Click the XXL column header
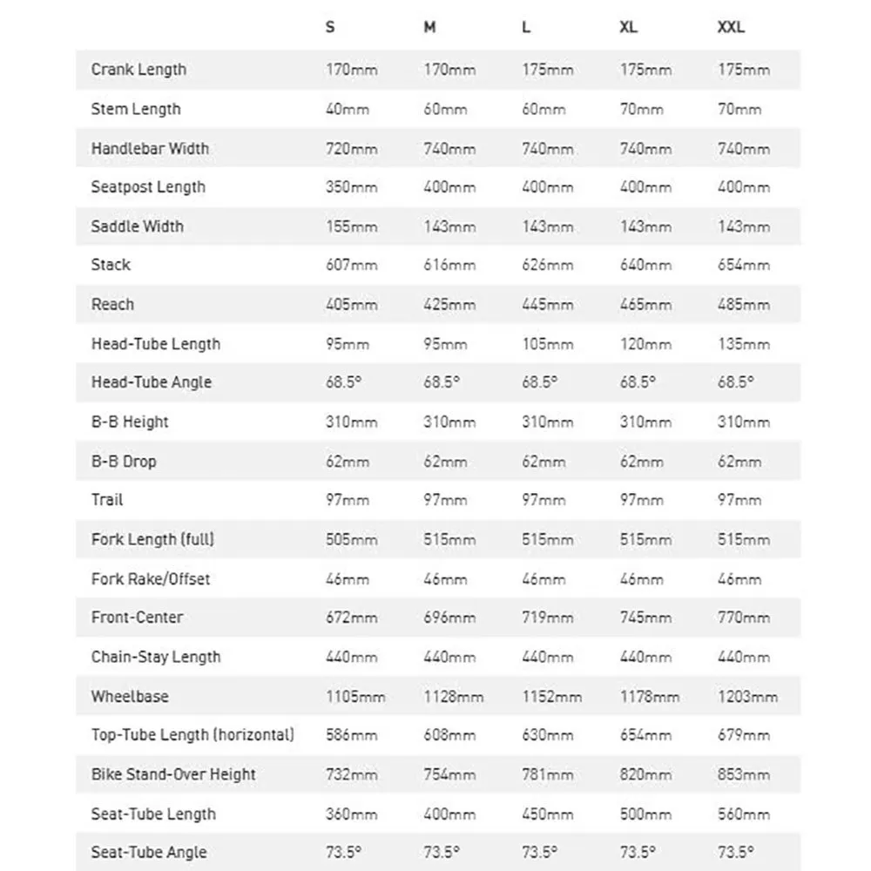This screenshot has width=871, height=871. (x=731, y=27)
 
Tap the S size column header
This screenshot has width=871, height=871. (x=330, y=27)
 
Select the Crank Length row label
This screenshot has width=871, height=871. (x=138, y=70)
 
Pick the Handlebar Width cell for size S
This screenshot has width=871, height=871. (x=351, y=148)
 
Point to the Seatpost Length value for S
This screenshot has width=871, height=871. (x=351, y=187)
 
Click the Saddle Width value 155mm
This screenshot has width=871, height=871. (x=351, y=226)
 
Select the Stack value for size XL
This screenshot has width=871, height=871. (x=645, y=265)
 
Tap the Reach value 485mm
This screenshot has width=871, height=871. (x=743, y=305)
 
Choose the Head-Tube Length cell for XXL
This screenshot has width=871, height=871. (x=743, y=344)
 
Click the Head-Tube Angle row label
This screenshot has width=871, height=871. (x=151, y=382)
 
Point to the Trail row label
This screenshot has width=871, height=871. (x=107, y=500)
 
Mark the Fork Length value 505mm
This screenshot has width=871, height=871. (x=351, y=539)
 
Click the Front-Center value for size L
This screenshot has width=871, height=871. (x=547, y=618)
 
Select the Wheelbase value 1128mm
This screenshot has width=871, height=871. (x=453, y=696)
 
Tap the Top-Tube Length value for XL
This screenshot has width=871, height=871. (x=645, y=735)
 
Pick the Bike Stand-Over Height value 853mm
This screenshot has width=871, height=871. (x=743, y=774)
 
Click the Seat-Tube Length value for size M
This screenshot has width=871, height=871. (x=449, y=814)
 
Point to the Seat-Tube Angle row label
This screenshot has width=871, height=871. (x=148, y=853)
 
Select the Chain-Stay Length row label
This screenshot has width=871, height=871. (x=156, y=657)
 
